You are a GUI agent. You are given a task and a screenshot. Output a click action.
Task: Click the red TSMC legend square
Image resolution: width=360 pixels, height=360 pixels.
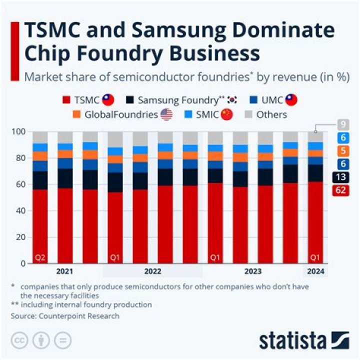click(x=66, y=100)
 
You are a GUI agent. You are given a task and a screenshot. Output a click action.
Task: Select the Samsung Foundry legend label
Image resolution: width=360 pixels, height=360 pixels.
click(x=177, y=100)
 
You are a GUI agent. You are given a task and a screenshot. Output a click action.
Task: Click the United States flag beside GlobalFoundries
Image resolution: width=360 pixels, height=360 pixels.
click(x=166, y=114)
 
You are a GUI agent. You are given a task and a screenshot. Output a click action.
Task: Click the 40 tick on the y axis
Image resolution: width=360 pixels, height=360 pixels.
click(x=19, y=210)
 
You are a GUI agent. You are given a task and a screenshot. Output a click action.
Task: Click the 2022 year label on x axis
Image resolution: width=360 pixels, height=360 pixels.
click(x=152, y=271)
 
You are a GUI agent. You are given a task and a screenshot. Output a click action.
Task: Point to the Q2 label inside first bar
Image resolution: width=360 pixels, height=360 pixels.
click(x=40, y=258)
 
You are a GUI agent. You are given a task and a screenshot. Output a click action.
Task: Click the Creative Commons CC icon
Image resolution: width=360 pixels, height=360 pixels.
click(x=19, y=340)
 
